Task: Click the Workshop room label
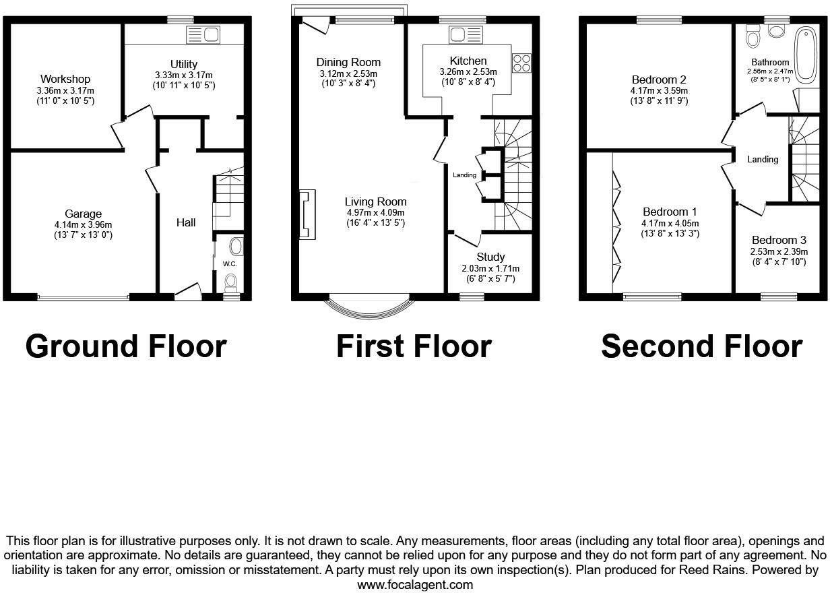65,79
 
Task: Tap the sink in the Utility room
203,35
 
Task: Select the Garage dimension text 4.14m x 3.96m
83,224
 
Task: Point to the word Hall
186,222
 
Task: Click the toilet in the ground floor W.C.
231,283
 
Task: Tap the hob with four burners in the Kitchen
521,63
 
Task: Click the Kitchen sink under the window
466,35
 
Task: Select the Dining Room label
348,62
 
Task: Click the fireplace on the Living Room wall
307,214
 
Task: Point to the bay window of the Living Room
369,314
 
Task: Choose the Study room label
490,257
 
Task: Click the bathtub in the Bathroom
806,55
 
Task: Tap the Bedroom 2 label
659,80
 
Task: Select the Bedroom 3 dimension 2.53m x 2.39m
779,251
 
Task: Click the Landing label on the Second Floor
763,159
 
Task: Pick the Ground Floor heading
126,346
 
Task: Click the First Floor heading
414,346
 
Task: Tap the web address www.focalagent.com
415,585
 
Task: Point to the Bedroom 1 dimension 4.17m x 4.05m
670,224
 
